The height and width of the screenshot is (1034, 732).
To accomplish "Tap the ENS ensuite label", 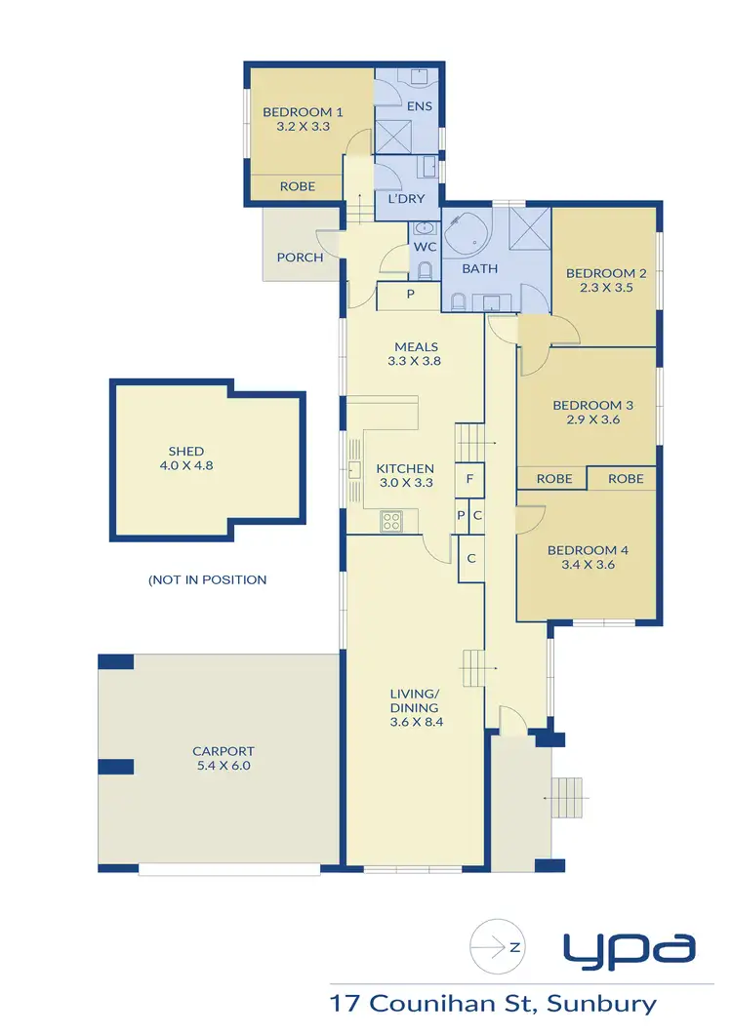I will [419, 106].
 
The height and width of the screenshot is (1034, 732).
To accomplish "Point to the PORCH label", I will [299, 258].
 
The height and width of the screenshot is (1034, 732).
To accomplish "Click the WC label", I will [424, 247].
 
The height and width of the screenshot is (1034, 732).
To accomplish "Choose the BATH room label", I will [479, 268].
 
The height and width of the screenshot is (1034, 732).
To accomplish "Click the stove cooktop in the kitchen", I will [391, 521].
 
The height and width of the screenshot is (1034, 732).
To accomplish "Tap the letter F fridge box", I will [469, 479].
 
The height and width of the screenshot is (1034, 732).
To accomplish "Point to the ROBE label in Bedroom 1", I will [297, 186].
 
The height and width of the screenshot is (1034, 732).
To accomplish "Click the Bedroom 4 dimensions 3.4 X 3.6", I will [588, 565].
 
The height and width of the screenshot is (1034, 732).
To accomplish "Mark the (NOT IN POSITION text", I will [207, 579].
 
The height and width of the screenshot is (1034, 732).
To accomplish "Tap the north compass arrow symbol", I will [495, 945].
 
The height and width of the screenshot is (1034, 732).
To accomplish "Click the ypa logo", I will [629, 947].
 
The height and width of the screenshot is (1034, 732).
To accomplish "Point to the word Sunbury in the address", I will [601, 1003].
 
